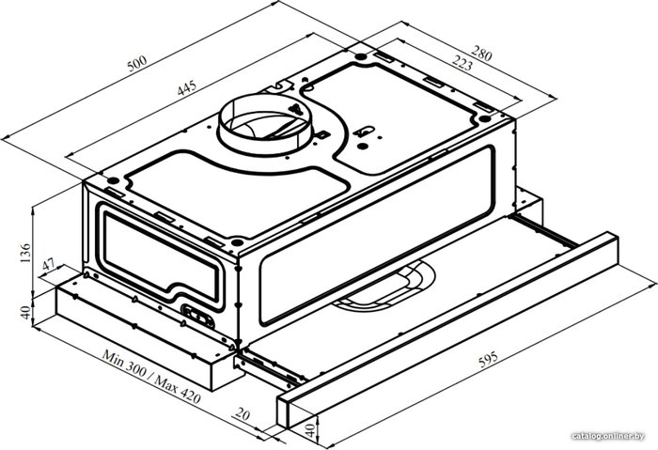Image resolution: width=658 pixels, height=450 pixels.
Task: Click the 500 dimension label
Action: click(137, 64)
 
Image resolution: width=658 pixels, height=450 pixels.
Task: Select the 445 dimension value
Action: click(186, 88)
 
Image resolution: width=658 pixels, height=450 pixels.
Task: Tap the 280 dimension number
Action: click(481, 54)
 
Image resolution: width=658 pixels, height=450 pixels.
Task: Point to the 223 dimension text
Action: click(462, 63)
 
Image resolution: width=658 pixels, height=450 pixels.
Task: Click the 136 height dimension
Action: click(25, 253)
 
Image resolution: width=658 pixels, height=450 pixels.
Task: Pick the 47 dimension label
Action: click(49, 265)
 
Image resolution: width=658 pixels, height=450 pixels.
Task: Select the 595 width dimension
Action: click(488, 359)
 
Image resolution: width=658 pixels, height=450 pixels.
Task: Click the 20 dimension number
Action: click(243, 414)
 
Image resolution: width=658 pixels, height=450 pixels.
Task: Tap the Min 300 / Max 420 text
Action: click(151, 377)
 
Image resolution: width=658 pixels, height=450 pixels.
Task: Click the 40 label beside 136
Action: click(25, 312)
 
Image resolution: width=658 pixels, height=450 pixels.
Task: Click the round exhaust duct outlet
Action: click(264, 125)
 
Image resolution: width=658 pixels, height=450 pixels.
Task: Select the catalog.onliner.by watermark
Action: click(608, 436)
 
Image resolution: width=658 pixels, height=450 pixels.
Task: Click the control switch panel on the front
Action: click(197, 317)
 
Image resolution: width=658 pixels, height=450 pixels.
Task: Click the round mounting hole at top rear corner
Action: click(360, 56)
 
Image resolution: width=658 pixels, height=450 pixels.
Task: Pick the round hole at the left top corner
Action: click(113, 180)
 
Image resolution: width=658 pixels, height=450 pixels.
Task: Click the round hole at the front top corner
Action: click(237, 242)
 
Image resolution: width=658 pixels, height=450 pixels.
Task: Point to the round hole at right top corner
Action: click(484, 118)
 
